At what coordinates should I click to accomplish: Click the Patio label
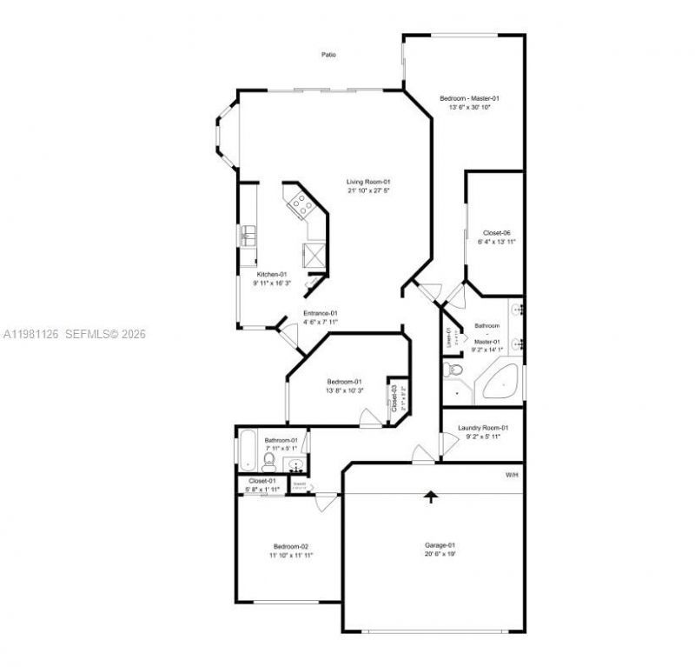[x=328, y=55]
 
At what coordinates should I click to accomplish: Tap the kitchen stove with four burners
[x=301, y=205]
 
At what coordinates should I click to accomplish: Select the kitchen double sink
[x=248, y=235]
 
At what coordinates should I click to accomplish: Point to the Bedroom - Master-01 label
[x=469, y=98]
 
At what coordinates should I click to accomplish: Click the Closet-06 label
[x=496, y=232]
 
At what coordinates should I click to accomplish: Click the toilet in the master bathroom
[x=453, y=371]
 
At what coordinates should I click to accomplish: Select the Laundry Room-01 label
[x=482, y=428]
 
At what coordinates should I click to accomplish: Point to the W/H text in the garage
[x=512, y=475]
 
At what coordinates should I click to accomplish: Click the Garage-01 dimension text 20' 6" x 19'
[x=440, y=553]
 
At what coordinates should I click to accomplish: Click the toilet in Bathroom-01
[x=269, y=459]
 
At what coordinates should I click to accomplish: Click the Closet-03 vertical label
[x=394, y=397]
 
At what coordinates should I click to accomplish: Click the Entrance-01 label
[x=320, y=313]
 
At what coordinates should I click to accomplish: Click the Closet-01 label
[x=262, y=481]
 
